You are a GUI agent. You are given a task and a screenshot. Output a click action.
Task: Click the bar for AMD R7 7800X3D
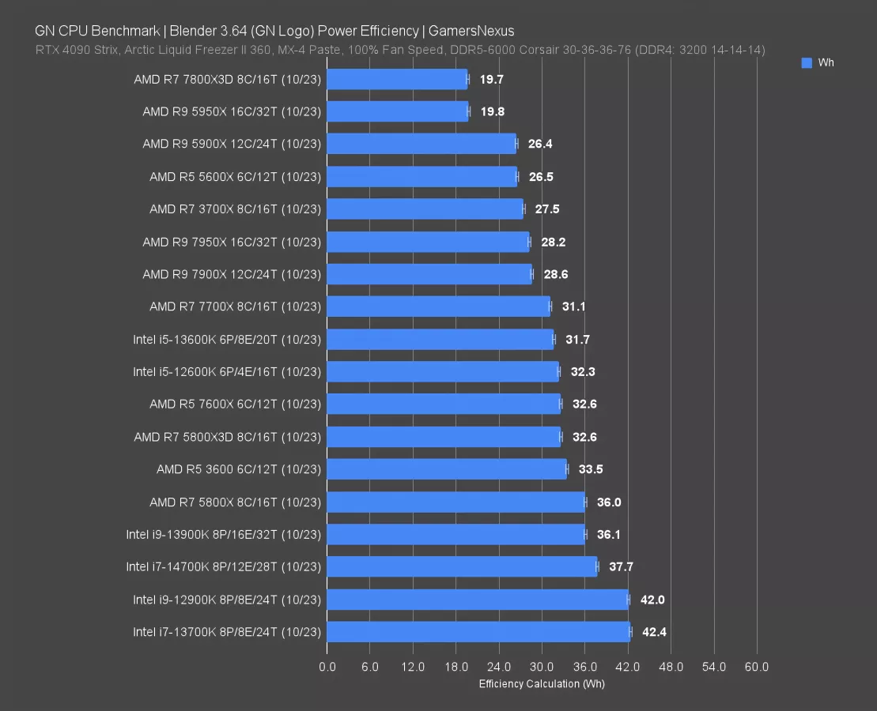pos(396,79)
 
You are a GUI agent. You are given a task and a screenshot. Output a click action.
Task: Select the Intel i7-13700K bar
pos(478,632)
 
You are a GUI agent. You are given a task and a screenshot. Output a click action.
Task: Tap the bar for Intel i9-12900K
pos(477,600)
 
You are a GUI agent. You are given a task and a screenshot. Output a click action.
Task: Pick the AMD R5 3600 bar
pos(446,469)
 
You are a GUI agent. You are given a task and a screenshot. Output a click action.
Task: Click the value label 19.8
pos(492,111)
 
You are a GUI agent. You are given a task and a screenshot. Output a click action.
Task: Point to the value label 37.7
pos(621,566)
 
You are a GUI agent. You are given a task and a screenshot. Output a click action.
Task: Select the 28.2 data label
pos(554,242)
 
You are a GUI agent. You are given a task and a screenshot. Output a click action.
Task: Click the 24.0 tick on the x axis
pos(499,667)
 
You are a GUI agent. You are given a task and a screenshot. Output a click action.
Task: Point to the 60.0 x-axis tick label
pos(757,667)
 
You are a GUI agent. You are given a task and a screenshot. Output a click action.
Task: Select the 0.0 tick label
pos(327,667)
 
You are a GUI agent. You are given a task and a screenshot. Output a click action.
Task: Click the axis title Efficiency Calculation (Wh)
pos(542,683)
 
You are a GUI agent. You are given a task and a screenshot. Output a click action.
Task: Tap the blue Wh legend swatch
pos(807,63)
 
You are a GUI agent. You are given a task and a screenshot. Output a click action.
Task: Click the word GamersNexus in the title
pos(471,31)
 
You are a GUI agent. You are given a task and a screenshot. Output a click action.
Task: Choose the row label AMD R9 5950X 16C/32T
pos(231,111)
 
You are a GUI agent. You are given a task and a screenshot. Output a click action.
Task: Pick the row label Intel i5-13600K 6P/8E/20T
pos(227,340)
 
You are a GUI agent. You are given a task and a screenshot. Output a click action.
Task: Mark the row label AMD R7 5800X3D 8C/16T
pos(227,437)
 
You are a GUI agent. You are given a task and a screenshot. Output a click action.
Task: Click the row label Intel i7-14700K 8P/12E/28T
pos(223,566)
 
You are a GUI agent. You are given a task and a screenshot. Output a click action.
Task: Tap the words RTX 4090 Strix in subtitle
pos(73,50)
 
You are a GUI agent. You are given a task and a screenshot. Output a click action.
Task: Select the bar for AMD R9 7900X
pos(429,274)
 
